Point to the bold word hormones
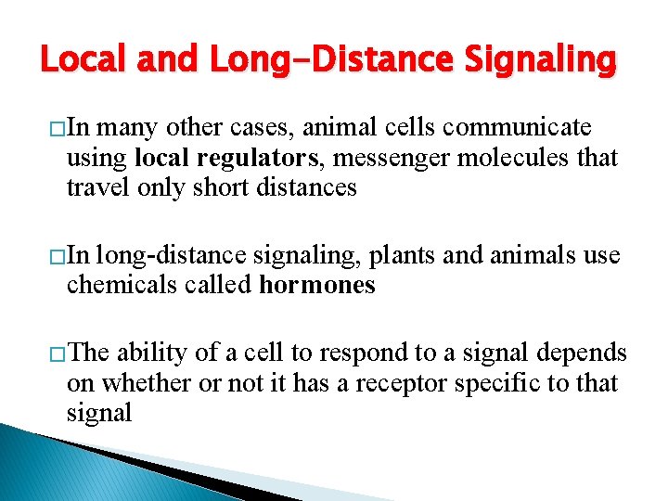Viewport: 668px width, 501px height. [x=317, y=285]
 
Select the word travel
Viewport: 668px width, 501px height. [x=95, y=187]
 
